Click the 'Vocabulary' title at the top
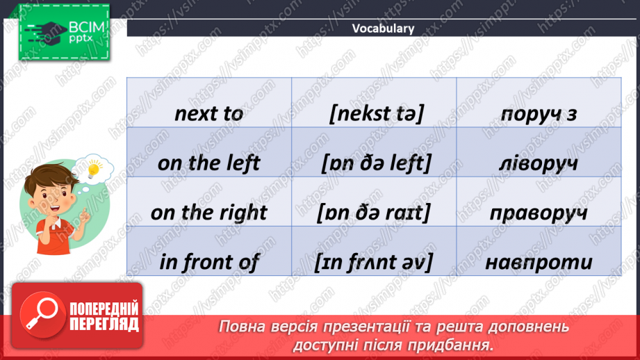click(383, 28)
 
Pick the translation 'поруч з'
click(539, 114)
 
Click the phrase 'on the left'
click(208, 163)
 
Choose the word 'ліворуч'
click(539, 163)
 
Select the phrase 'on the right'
click(208, 213)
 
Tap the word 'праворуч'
click(539, 213)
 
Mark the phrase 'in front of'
click(208, 262)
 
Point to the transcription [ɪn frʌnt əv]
click(373, 262)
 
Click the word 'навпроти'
click(539, 262)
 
